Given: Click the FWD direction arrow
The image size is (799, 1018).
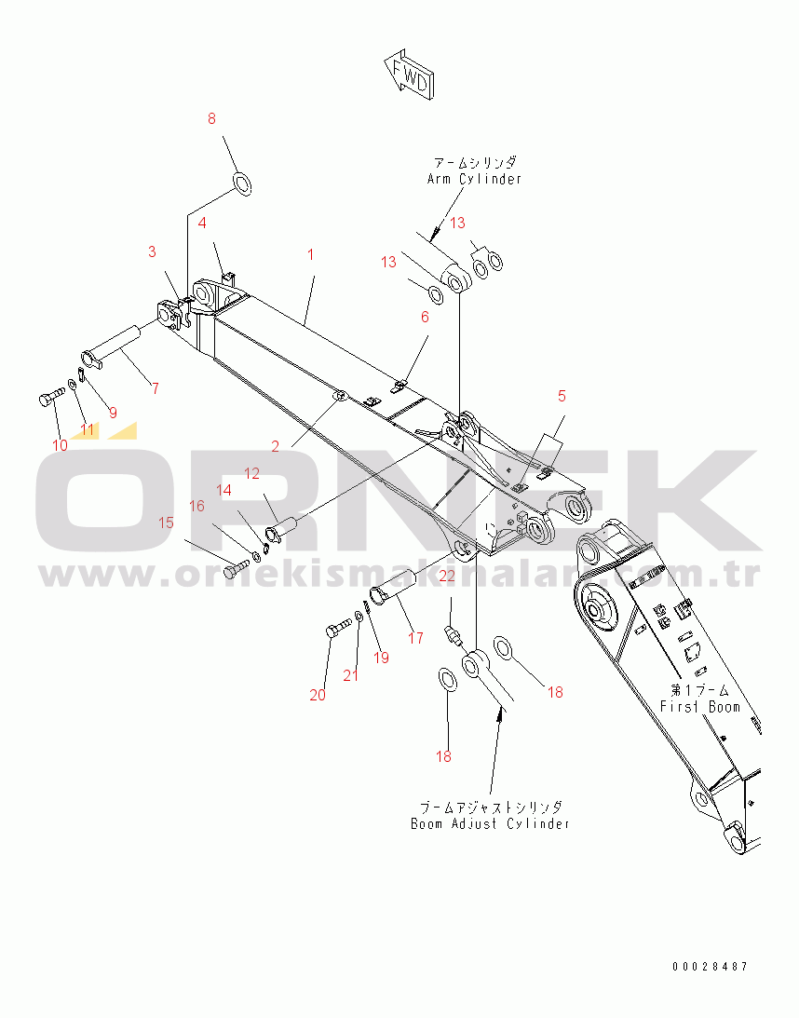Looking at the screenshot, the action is [x=407, y=74].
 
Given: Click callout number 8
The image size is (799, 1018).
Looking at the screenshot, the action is [x=211, y=119].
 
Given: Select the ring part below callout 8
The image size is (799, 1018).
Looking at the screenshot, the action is [x=241, y=183].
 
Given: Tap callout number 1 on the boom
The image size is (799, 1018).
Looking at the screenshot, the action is [x=311, y=253].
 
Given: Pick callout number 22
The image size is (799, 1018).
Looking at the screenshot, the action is [x=447, y=577].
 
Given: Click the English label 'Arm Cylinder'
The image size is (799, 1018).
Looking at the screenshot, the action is [x=474, y=179].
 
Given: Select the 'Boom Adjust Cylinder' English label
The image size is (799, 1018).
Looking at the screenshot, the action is [x=490, y=823].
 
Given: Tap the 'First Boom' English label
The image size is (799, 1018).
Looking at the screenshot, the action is [x=699, y=706].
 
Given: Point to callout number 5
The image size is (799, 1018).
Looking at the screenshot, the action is [x=562, y=396].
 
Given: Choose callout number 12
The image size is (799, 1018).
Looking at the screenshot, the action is [x=252, y=473].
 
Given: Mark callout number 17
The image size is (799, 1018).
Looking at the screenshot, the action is [x=415, y=638].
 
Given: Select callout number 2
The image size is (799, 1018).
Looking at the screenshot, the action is [x=276, y=446].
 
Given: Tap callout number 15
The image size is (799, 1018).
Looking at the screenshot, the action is [x=166, y=523].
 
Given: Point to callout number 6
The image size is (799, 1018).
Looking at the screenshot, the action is [x=425, y=317].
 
